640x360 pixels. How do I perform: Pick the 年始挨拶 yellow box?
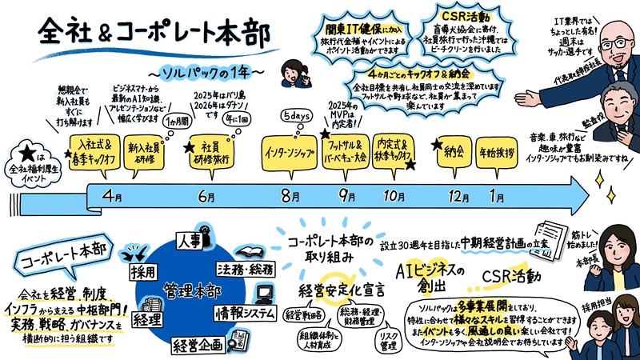[497, 150]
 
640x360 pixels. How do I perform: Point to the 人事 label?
[189, 238]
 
